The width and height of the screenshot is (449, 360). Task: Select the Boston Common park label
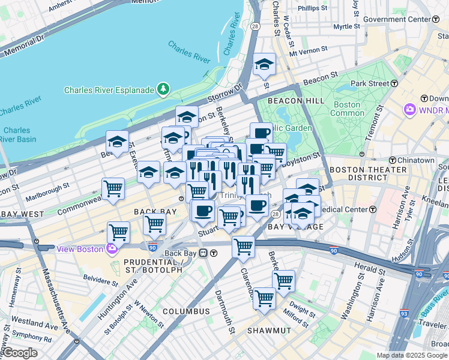(x=347, y=109)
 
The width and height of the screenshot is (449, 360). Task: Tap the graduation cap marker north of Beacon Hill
(x=264, y=65)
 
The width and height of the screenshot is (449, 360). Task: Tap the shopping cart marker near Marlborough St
(x=113, y=189)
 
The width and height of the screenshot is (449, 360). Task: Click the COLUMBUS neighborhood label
(x=186, y=311)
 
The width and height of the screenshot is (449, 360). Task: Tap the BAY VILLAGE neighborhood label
(x=295, y=227)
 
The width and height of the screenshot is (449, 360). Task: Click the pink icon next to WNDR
(x=410, y=110)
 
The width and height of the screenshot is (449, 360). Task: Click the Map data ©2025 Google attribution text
(x=412, y=355)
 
